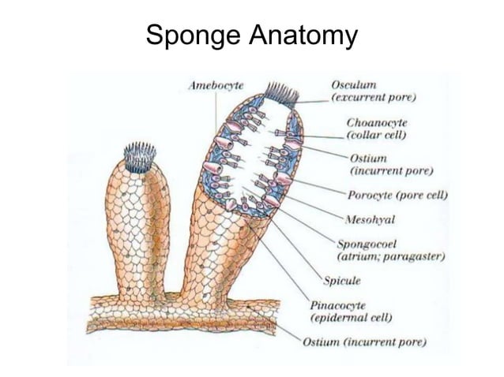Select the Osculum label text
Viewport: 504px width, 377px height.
point(354,84)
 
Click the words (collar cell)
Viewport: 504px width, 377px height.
point(376,136)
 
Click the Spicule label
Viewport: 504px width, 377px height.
point(342,279)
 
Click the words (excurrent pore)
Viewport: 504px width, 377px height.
point(374,97)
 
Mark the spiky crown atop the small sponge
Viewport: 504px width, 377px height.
point(140,156)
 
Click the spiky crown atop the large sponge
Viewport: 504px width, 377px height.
point(281,94)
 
